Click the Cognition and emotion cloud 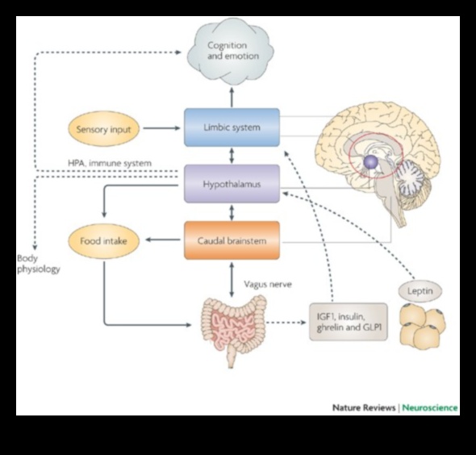point(232,52)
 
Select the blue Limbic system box point(232,127)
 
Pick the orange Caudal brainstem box point(232,240)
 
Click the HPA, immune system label point(109,163)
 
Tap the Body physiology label point(37,264)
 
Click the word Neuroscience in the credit point(431,407)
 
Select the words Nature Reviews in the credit point(363,407)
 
